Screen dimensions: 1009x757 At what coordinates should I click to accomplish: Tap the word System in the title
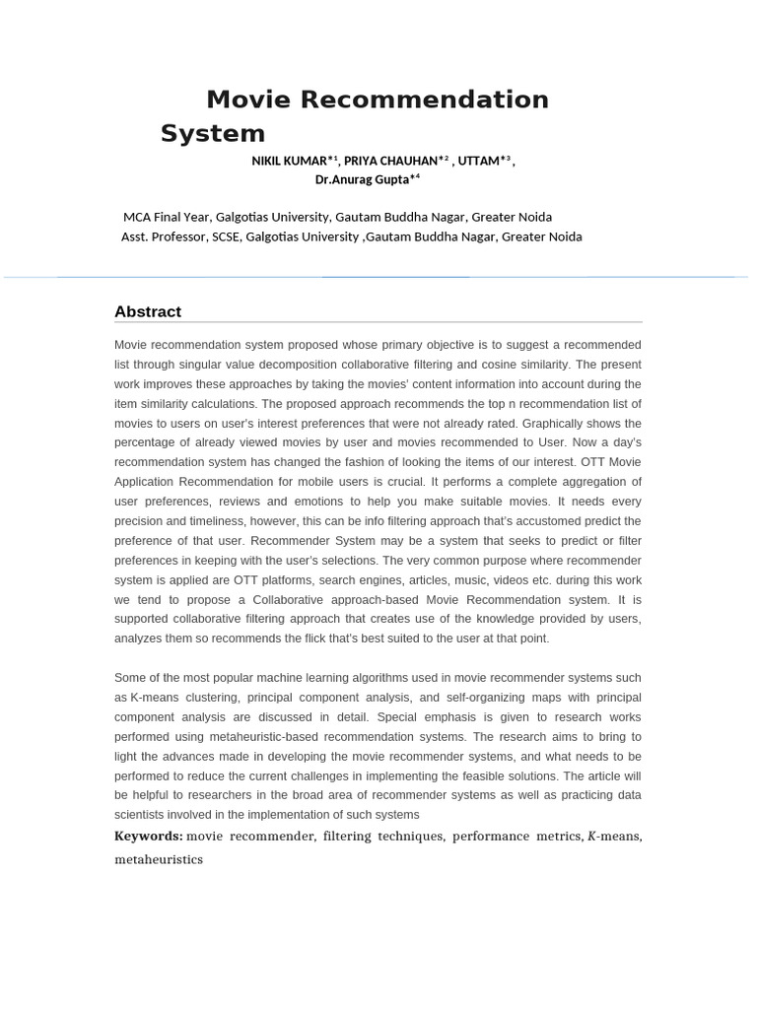coord(213,133)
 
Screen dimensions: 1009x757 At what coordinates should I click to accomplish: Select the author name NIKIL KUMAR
coord(292,161)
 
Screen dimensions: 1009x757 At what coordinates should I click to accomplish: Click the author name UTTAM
coord(479,161)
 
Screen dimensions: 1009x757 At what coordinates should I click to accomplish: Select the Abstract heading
coord(148,311)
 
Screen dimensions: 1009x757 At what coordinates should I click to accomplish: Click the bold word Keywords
coord(149,837)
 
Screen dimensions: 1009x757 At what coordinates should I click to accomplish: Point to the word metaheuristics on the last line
coord(159,859)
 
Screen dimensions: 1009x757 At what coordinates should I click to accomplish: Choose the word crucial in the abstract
coord(404,482)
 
